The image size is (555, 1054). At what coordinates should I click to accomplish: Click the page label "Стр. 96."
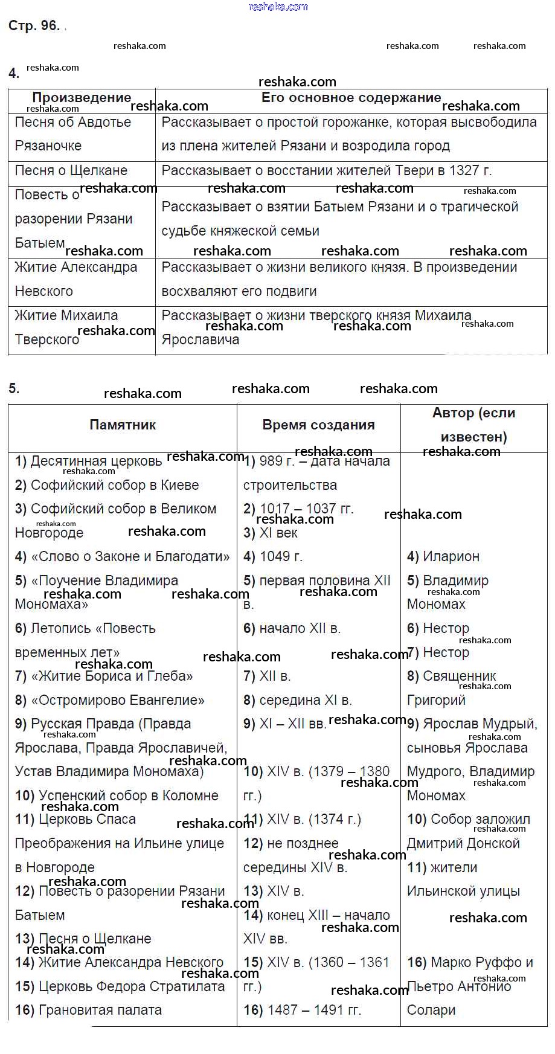click(x=34, y=25)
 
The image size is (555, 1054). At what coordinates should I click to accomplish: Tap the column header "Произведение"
click(x=82, y=98)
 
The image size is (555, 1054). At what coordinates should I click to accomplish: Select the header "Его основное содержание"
click(x=351, y=98)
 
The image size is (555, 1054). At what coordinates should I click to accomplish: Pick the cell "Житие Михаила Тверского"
click(x=66, y=327)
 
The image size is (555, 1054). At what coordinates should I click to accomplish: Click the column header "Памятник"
click(x=123, y=425)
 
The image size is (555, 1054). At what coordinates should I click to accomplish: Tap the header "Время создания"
click(x=318, y=425)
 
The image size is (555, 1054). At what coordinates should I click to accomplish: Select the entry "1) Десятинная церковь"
click(x=89, y=461)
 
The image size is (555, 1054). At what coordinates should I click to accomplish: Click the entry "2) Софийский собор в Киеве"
click(x=107, y=486)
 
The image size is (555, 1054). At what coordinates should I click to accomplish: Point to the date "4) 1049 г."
click(x=273, y=557)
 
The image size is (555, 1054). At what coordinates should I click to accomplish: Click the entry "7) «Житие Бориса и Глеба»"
click(x=104, y=676)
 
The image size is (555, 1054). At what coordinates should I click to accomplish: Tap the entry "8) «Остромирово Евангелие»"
click(x=110, y=701)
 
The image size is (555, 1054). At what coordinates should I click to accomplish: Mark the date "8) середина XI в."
click(x=298, y=701)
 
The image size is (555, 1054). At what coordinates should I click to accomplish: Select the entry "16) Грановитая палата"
click(x=89, y=1011)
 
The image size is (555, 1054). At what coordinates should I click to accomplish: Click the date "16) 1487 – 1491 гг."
click(x=303, y=1011)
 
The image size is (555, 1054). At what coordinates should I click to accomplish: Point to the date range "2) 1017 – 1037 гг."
click(x=298, y=509)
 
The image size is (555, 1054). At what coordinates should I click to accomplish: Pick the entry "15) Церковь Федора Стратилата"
click(x=120, y=987)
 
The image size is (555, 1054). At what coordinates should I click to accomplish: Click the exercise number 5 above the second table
click(x=14, y=389)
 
